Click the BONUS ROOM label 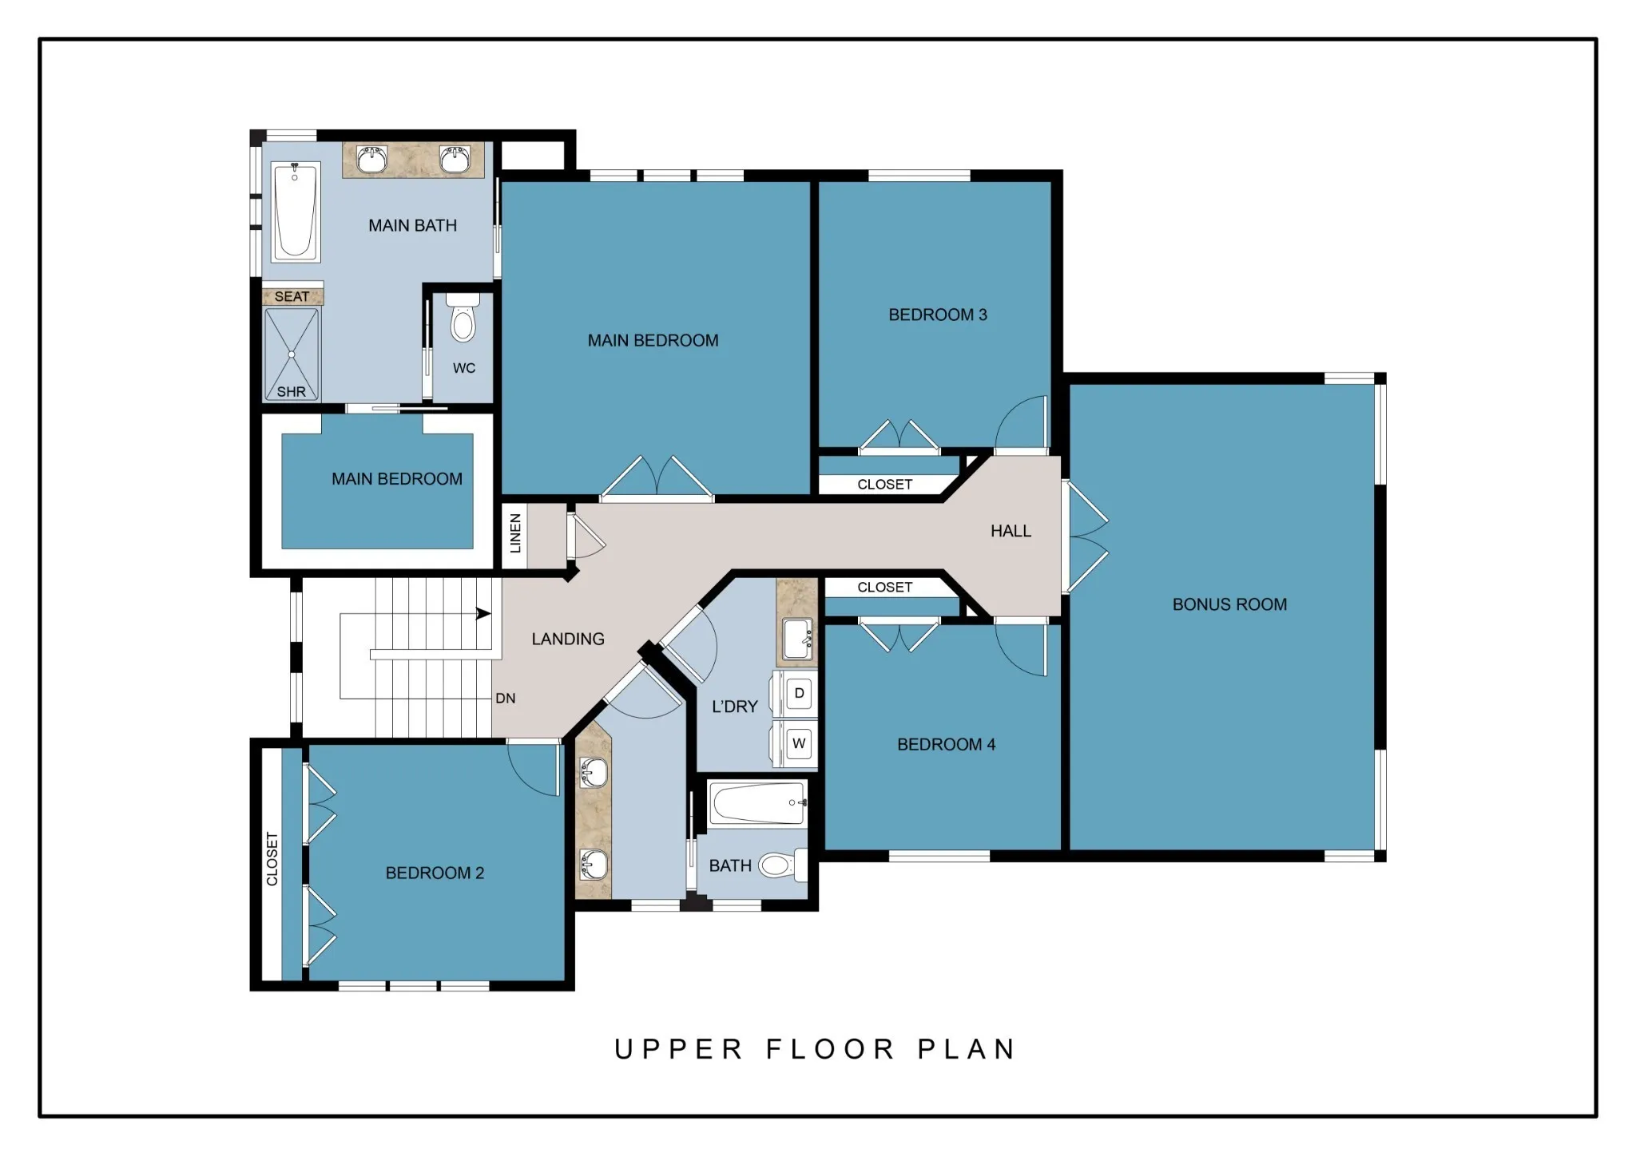pyautogui.click(x=1229, y=604)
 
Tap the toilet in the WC pyautogui.click(x=463, y=318)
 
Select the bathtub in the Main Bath pyautogui.click(x=296, y=212)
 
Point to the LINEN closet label pyautogui.click(x=515, y=533)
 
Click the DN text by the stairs pyautogui.click(x=506, y=699)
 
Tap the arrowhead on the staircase pyautogui.click(x=483, y=613)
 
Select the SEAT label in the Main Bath pyautogui.click(x=292, y=296)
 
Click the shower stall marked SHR pyautogui.click(x=292, y=354)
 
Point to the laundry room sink pyautogui.click(x=798, y=639)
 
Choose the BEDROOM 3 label pyautogui.click(x=938, y=315)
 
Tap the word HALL pyautogui.click(x=1011, y=531)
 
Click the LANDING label pyautogui.click(x=568, y=639)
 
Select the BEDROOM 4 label pyautogui.click(x=946, y=745)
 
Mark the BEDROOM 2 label pyautogui.click(x=435, y=873)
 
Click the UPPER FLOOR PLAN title pyautogui.click(x=815, y=1049)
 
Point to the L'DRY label pyautogui.click(x=734, y=707)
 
